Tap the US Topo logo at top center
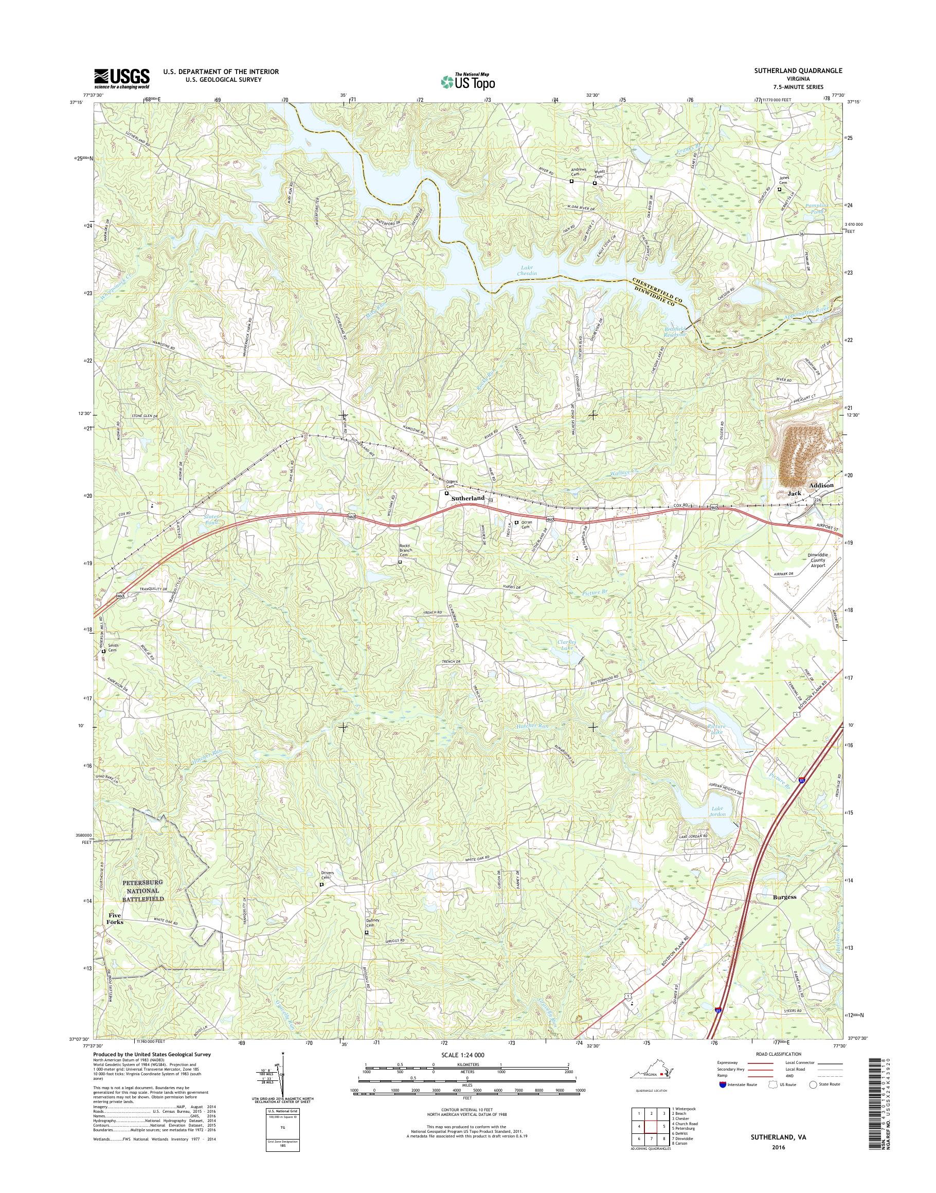(467, 81)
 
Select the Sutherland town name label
(467, 498)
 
